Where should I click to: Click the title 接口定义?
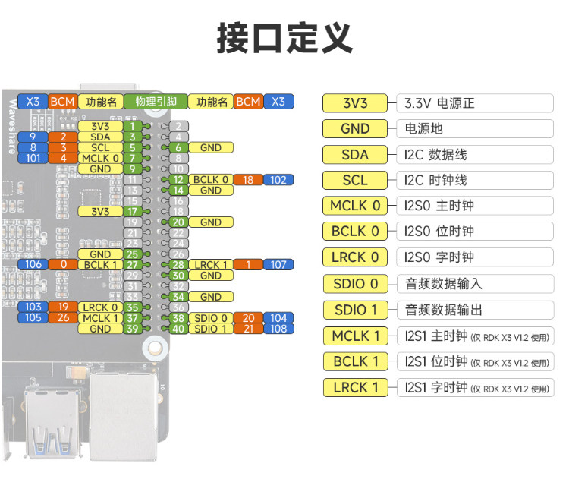[284, 38]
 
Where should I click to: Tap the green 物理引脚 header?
[156, 102]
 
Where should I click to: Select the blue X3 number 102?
[278, 180]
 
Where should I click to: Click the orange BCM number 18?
[248, 180]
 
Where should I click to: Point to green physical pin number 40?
[178, 329]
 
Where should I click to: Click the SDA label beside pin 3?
[100, 137]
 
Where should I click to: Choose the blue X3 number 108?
[278, 329]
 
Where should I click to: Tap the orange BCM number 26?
[63, 318]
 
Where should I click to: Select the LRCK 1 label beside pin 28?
[211, 265]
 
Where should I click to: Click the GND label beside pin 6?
[211, 147]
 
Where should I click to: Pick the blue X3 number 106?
[33, 265]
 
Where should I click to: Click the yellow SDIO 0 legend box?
[355, 284]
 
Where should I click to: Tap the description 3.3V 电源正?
[440, 103]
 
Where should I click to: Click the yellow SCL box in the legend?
[355, 181]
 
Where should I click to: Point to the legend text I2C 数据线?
[436, 155]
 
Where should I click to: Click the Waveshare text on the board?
[11, 125]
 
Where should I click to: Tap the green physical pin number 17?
[132, 211]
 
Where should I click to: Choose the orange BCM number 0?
[63, 265]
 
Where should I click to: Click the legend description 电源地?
[424, 129]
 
